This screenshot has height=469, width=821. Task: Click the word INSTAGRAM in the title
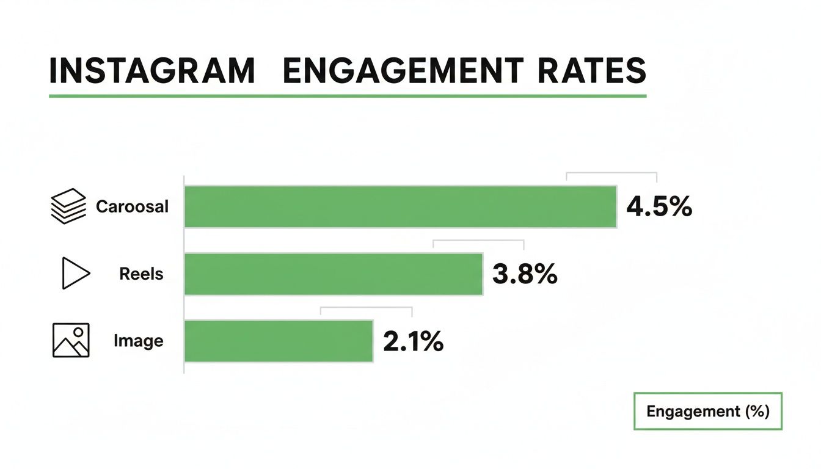pyautogui.click(x=151, y=71)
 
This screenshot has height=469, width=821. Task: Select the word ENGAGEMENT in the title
pyautogui.click(x=403, y=71)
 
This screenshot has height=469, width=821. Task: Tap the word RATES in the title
pyautogui.click(x=591, y=71)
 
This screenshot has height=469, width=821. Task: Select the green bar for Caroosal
pyautogui.click(x=400, y=207)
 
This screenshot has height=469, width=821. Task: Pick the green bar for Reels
pyautogui.click(x=334, y=274)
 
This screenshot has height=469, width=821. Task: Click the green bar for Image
pyautogui.click(x=279, y=341)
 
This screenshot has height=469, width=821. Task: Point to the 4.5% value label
pyautogui.click(x=659, y=207)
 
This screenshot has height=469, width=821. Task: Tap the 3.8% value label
pyautogui.click(x=525, y=274)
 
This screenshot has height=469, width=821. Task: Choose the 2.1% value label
pyautogui.click(x=413, y=341)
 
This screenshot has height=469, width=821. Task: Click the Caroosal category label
pyautogui.click(x=132, y=206)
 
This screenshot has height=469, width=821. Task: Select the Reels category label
pyautogui.click(x=141, y=274)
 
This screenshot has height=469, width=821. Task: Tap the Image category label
pyautogui.click(x=139, y=340)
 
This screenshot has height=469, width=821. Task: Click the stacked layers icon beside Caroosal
pyautogui.click(x=67, y=206)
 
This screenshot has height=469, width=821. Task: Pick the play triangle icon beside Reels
pyautogui.click(x=75, y=273)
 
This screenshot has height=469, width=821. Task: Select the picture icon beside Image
pyautogui.click(x=71, y=340)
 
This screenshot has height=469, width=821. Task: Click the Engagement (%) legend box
pyautogui.click(x=707, y=411)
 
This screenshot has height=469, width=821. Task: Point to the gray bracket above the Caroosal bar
pyautogui.click(x=611, y=173)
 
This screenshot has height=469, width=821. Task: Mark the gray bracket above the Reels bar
pyautogui.click(x=478, y=241)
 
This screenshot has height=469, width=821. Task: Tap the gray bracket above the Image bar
pyautogui.click(x=366, y=308)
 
